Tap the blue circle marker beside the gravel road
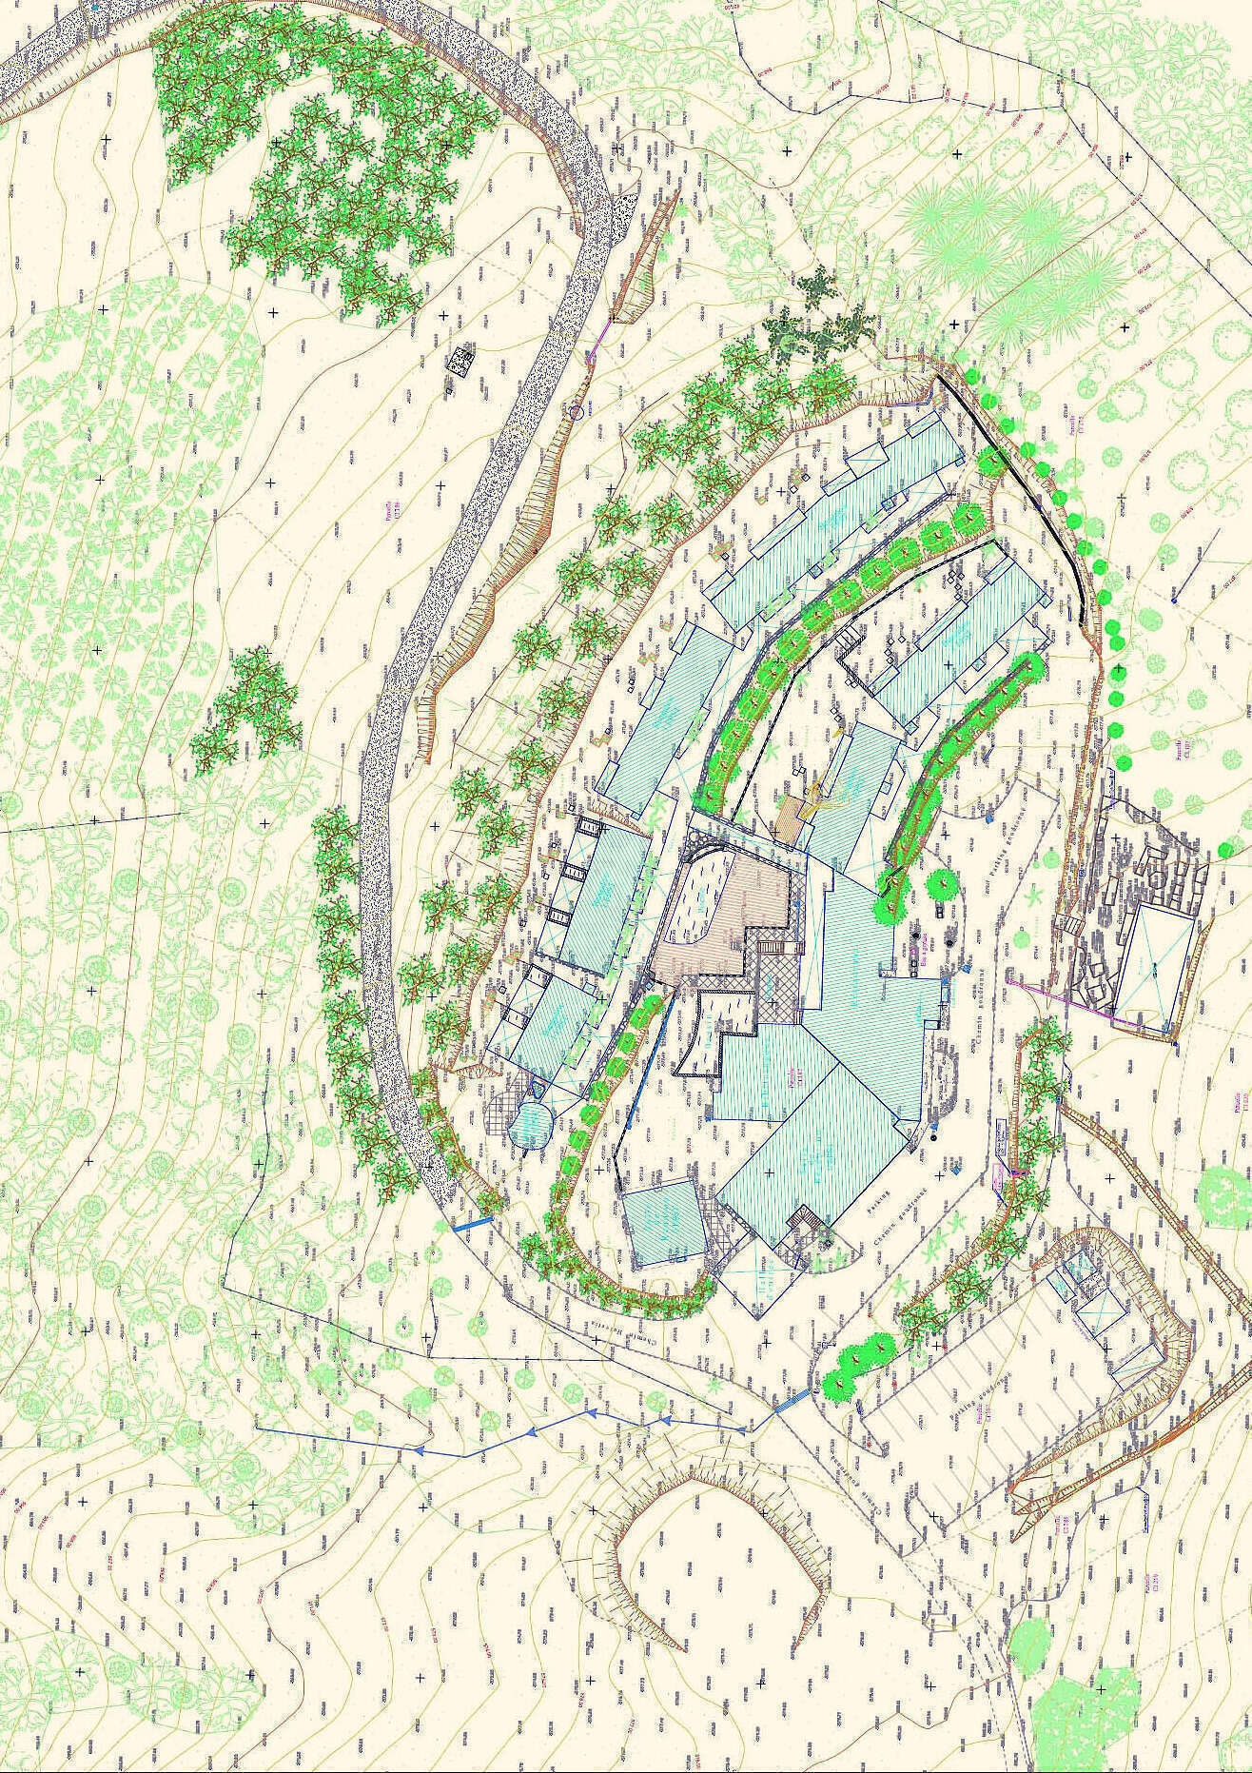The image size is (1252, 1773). coord(575,412)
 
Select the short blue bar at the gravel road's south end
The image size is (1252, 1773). coord(472,1226)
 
